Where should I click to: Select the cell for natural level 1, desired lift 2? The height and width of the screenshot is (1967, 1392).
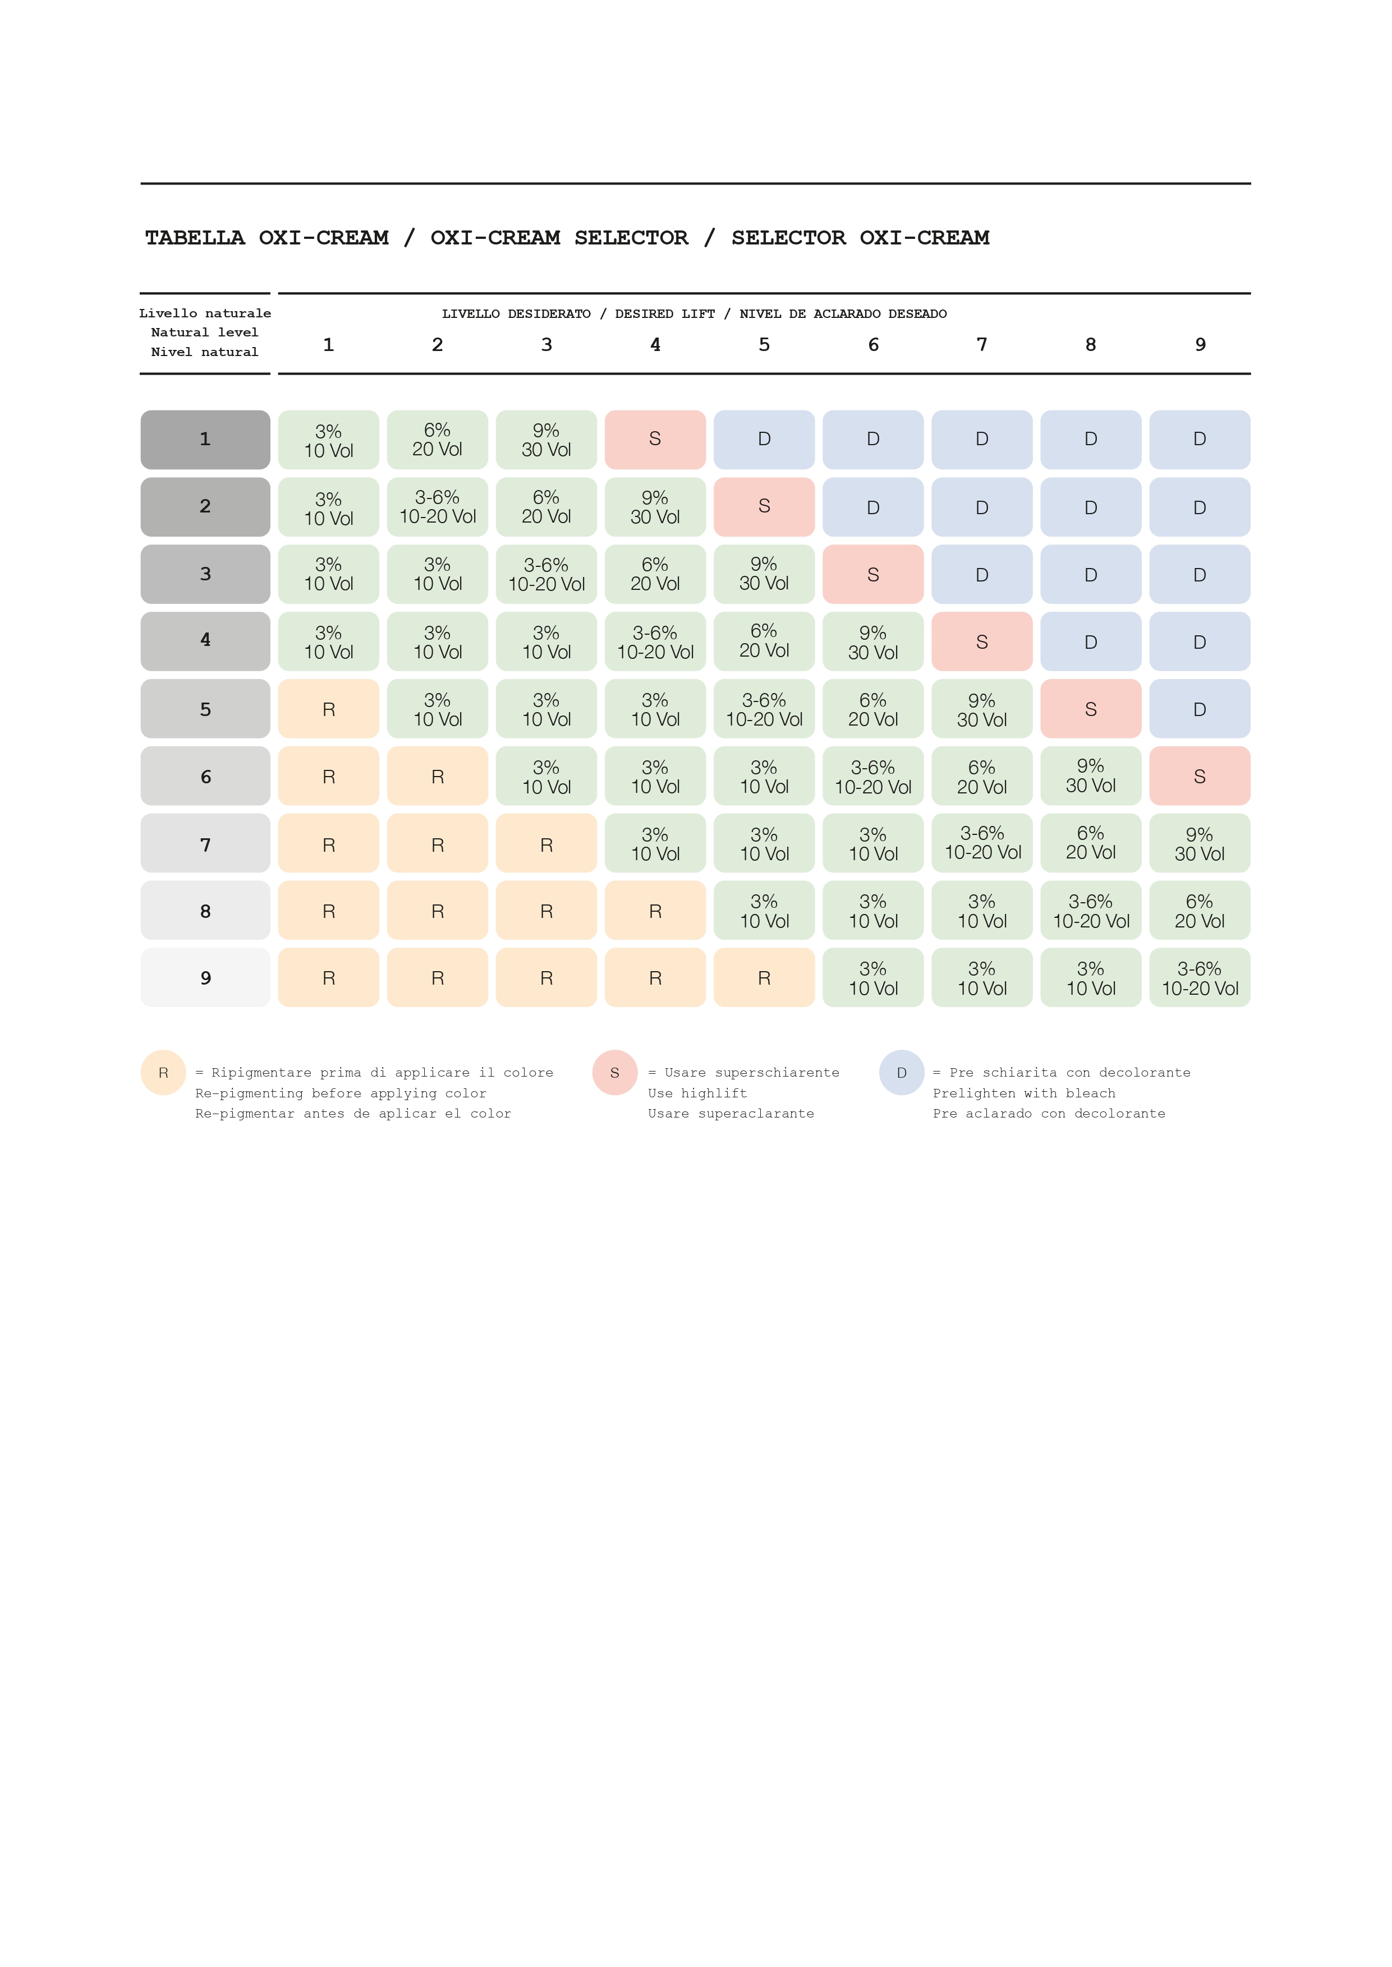(437, 440)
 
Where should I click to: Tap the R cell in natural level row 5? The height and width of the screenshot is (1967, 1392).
(328, 709)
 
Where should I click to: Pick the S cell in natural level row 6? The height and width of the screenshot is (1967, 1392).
(1199, 776)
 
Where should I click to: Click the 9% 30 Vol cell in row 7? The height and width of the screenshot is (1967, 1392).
(1199, 844)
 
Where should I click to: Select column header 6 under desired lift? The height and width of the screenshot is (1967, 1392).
(872, 344)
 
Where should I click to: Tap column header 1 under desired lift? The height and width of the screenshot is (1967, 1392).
(328, 344)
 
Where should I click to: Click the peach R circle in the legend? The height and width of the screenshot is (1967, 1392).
(163, 1073)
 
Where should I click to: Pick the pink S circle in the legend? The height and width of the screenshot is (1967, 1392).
(614, 1073)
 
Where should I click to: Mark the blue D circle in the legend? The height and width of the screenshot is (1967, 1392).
(901, 1073)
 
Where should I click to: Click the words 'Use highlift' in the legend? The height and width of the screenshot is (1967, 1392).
(697, 1093)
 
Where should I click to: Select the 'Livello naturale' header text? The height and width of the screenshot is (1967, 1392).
(205, 313)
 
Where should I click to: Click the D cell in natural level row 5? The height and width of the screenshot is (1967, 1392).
(1199, 709)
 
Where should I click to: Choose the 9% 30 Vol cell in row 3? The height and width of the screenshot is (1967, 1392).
(764, 574)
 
